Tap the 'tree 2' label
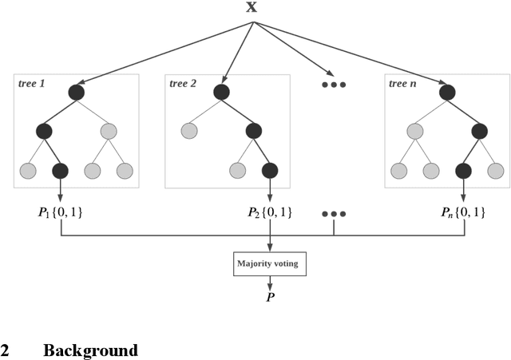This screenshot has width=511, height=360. click(x=183, y=83)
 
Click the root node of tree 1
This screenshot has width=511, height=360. click(x=77, y=93)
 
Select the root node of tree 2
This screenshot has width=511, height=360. click(x=222, y=93)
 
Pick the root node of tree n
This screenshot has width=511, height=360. click(x=448, y=93)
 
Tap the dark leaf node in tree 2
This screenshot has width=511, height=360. click(x=270, y=170)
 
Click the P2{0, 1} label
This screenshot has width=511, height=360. click(x=270, y=213)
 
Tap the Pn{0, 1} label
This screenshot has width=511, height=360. click(x=464, y=213)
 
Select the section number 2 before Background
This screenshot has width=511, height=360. click(x=5, y=350)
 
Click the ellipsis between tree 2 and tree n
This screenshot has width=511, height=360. click(x=334, y=84)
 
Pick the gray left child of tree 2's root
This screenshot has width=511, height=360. click(x=190, y=131)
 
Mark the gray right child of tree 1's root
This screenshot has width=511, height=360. click(x=109, y=131)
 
